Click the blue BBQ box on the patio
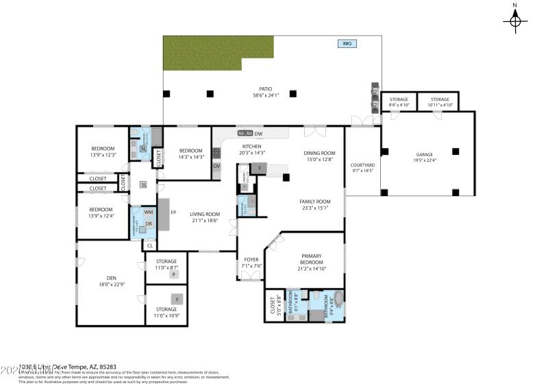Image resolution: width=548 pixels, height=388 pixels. [x=347, y=44]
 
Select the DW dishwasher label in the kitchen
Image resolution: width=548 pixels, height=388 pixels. [x=258, y=133]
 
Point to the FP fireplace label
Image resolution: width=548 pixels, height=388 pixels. [x=174, y=213]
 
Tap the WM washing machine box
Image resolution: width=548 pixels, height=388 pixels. [x=148, y=213]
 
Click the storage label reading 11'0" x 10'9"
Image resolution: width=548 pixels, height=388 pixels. [x=166, y=314]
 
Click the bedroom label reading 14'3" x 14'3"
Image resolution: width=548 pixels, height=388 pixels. [x=190, y=154]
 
